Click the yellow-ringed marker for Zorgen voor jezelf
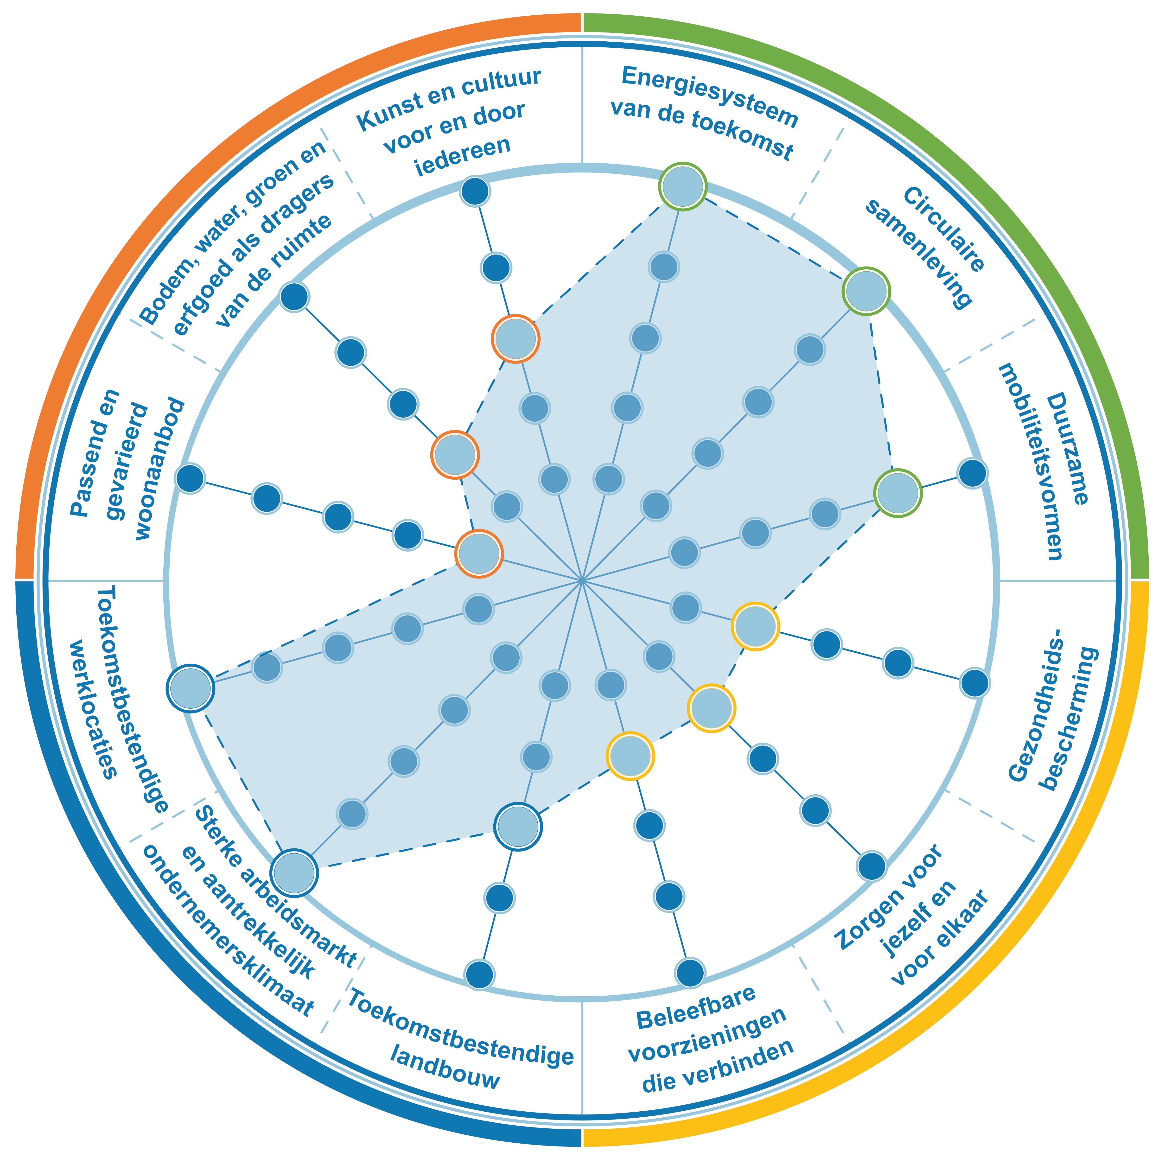pyautogui.click(x=712, y=708)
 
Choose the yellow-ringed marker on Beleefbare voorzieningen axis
pyautogui.click(x=630, y=756)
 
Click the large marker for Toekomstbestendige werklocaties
pyautogui.click(x=191, y=689)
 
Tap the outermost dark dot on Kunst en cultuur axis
pyautogui.click(x=475, y=191)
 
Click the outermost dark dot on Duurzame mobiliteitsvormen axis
pyautogui.click(x=972, y=473)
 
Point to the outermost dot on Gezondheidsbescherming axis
pyautogui.click(x=974, y=683)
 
